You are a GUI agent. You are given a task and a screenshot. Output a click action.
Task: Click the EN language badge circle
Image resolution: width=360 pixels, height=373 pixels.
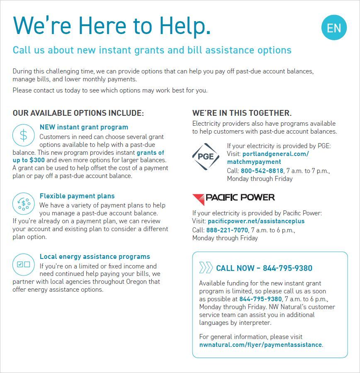pos(334,28)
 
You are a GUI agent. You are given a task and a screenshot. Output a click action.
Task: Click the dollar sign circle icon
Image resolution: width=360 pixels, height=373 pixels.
pos(24,135)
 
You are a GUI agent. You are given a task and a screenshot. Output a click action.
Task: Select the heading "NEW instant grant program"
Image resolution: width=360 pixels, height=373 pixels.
pos(84,127)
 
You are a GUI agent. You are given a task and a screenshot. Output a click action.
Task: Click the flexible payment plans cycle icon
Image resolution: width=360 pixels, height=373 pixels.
pos(24,203)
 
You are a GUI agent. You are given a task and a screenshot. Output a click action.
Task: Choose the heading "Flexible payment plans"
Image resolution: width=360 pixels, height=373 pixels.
pos(77,196)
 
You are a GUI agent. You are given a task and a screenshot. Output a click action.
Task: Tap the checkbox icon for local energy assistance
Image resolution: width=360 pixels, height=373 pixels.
pos(24,264)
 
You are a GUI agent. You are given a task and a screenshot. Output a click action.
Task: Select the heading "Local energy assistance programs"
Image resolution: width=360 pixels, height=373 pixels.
pos(95,257)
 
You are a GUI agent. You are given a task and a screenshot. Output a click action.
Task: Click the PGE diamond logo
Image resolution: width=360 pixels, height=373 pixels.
pos(206,156)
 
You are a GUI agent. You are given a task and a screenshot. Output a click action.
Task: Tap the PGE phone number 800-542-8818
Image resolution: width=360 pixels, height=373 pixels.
pos(262,171)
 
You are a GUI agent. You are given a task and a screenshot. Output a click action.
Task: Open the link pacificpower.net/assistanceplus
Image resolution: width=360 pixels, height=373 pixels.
pos(256,221)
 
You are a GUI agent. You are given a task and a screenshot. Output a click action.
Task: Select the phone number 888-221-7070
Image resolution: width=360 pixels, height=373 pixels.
pos(227,230)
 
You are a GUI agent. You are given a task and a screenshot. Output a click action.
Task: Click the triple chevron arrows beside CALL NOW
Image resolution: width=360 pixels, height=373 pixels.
pos(206,268)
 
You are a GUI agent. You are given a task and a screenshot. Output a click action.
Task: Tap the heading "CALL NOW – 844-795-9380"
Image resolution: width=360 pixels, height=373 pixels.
pos(264,268)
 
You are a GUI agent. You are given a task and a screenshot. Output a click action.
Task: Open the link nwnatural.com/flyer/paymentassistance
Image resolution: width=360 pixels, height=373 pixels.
pos(260,345)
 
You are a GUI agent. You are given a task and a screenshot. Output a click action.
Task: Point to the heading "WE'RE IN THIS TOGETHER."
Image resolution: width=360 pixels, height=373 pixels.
pos(242,113)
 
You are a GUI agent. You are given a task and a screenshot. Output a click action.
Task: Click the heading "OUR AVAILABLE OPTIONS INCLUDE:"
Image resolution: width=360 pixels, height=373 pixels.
pos(78,113)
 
